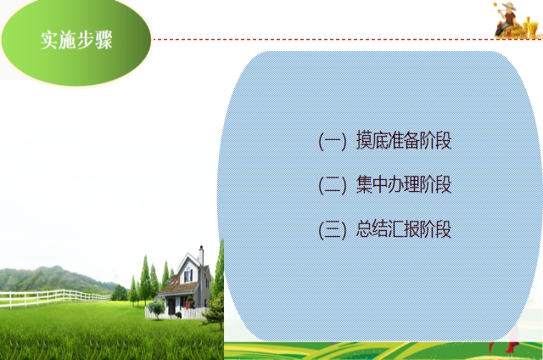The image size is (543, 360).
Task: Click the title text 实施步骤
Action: click(76, 40)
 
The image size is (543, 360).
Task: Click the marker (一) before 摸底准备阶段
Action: click(332, 141)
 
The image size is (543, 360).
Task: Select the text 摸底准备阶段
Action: click(404, 140)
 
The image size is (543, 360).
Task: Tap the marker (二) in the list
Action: click(332, 185)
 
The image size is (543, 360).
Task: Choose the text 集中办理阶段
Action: click(404, 184)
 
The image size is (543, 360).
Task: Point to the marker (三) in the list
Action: click(332, 230)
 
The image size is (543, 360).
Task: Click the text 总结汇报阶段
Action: click(404, 229)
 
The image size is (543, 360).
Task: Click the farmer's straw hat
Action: click(509, 6)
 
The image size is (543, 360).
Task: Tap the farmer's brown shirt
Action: click(510, 17)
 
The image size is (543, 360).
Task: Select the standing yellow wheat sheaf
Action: click(529, 27)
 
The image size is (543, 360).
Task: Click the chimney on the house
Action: click(201, 255)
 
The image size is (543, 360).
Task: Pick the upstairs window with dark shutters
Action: click(188, 275)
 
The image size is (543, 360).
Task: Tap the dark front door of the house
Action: click(171, 306)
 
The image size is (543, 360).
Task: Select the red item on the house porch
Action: click(187, 304)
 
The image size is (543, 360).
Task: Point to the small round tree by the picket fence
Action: click(156, 307)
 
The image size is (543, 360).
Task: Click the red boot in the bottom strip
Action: click(511, 346)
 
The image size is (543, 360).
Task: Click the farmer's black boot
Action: click(499, 31)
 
